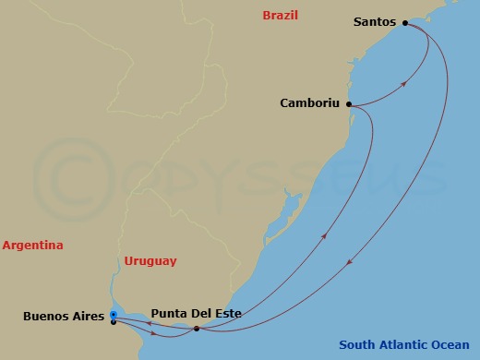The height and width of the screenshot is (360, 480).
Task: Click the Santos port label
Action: point(374,21)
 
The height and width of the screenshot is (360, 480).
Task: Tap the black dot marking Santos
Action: point(404,21)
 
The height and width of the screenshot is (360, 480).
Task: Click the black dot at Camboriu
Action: point(349,104)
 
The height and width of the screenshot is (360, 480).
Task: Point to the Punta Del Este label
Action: point(196,314)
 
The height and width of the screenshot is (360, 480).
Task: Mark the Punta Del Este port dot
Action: point(197,329)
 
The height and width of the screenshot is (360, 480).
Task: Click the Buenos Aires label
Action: point(61,316)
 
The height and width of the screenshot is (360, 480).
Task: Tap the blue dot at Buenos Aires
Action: point(113,315)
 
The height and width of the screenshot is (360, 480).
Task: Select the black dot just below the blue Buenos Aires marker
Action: point(113,322)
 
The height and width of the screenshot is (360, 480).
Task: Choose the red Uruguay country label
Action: point(150,261)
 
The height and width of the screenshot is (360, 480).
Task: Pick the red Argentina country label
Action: point(32,246)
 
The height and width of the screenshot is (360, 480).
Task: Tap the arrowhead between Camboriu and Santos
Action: point(404,84)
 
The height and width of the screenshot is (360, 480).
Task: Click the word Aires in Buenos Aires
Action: point(84,316)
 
